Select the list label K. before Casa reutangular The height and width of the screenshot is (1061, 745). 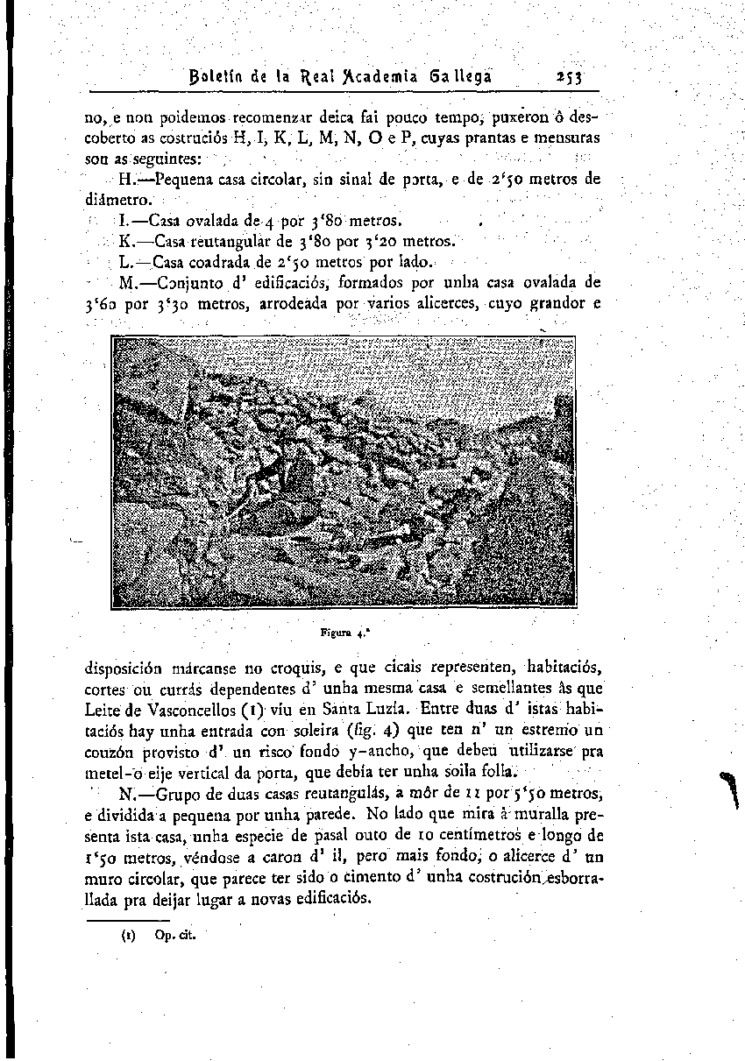click(x=127, y=240)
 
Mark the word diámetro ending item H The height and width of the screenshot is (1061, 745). click(x=116, y=199)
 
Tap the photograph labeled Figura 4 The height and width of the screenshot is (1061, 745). click(x=344, y=473)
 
